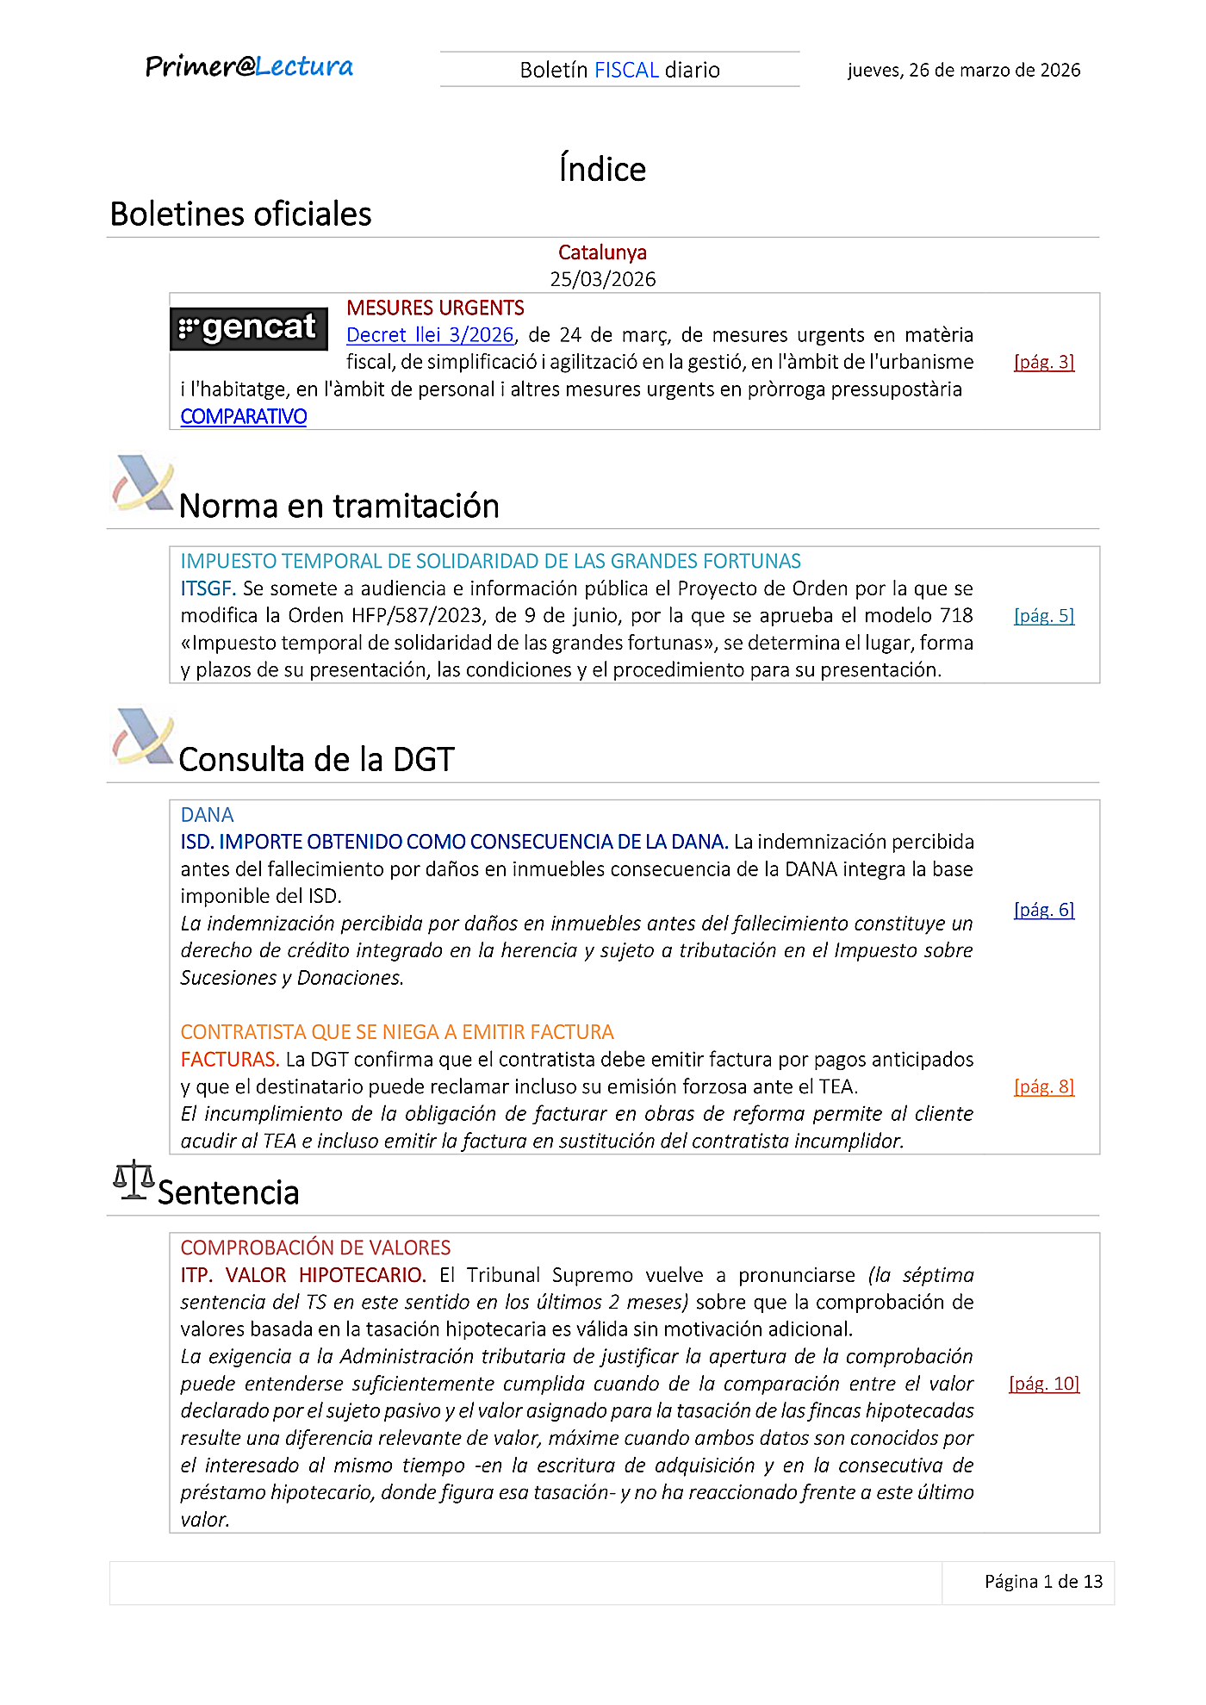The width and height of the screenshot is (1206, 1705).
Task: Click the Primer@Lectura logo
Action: coord(249,67)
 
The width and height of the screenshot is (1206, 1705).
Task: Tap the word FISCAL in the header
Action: coord(626,70)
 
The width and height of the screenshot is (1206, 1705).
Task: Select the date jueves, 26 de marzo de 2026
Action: coord(963,70)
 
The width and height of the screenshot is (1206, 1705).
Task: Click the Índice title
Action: coord(602,169)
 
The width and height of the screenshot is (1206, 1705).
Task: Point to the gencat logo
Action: coord(249,328)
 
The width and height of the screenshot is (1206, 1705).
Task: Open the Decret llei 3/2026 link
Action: coord(430,335)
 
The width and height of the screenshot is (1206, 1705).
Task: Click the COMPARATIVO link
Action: coord(244,417)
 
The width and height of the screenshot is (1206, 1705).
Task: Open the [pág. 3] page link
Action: coord(1044,362)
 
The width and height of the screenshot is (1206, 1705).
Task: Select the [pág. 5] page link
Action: coord(1044,616)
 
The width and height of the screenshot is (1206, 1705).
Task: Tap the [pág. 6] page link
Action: coord(1044,910)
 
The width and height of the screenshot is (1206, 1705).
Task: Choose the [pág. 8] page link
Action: coord(1044,1086)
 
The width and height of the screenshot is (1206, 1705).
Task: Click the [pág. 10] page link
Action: coord(1044,1384)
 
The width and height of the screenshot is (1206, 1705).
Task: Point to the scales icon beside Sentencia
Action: coord(134,1180)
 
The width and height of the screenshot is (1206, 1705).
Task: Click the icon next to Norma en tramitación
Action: coord(143,483)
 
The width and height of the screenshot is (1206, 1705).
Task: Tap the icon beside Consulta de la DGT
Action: coord(143,737)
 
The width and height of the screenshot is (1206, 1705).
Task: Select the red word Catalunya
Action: coord(602,252)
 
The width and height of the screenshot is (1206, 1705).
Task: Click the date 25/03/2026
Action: coord(603,279)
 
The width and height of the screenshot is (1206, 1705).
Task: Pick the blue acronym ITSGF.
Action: coord(208,588)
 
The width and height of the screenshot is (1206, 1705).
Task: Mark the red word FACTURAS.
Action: coord(229,1060)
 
